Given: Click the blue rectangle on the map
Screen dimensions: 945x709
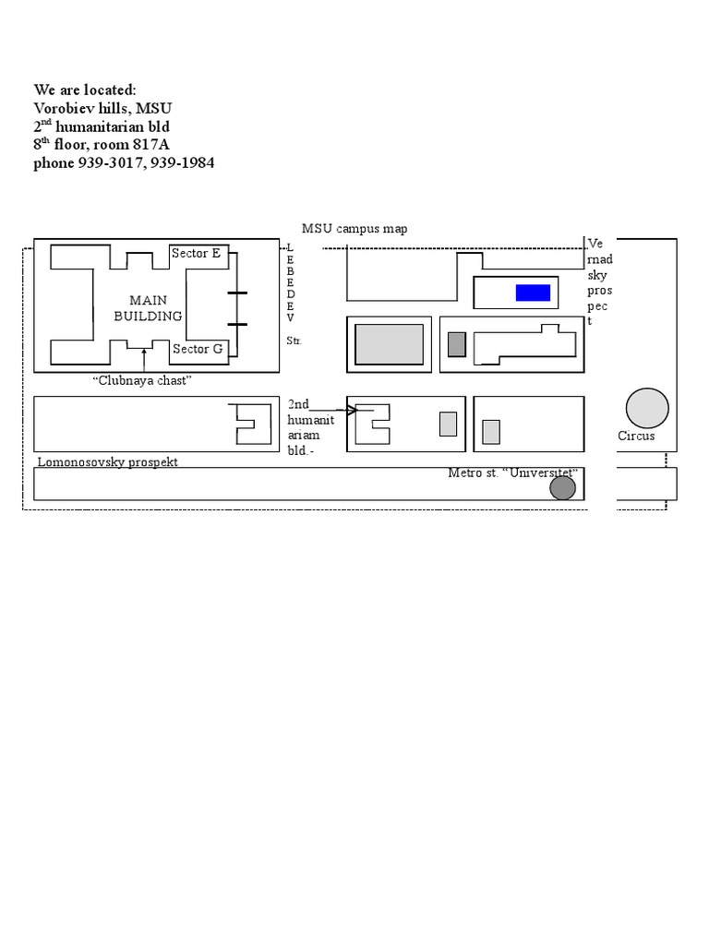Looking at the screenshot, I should tap(533, 293).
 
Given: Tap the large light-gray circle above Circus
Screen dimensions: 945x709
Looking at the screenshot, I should tap(646, 409).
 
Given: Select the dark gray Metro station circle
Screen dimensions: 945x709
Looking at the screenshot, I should tap(563, 486).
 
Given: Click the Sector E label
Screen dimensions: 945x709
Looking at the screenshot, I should tap(197, 253).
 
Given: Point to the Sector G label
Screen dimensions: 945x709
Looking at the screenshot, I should tap(198, 349).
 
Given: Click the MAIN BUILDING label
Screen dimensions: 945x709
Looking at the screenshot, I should tap(148, 308).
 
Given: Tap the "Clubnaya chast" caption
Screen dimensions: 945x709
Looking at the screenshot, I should tap(142, 380).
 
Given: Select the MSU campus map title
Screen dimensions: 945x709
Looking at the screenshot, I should tap(354, 229).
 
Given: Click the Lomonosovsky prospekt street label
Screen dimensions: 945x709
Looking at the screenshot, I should tap(107, 461).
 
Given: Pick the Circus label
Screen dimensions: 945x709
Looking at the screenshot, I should tap(636, 436).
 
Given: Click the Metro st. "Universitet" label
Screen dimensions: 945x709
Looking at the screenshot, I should tap(512, 473).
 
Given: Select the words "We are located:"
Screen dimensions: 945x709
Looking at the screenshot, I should tap(85, 90).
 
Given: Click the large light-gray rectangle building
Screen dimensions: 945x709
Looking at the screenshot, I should tap(390, 344).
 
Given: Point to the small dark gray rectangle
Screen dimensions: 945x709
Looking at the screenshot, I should tap(457, 344).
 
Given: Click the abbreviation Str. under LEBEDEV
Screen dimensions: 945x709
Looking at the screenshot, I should tap(294, 341).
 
